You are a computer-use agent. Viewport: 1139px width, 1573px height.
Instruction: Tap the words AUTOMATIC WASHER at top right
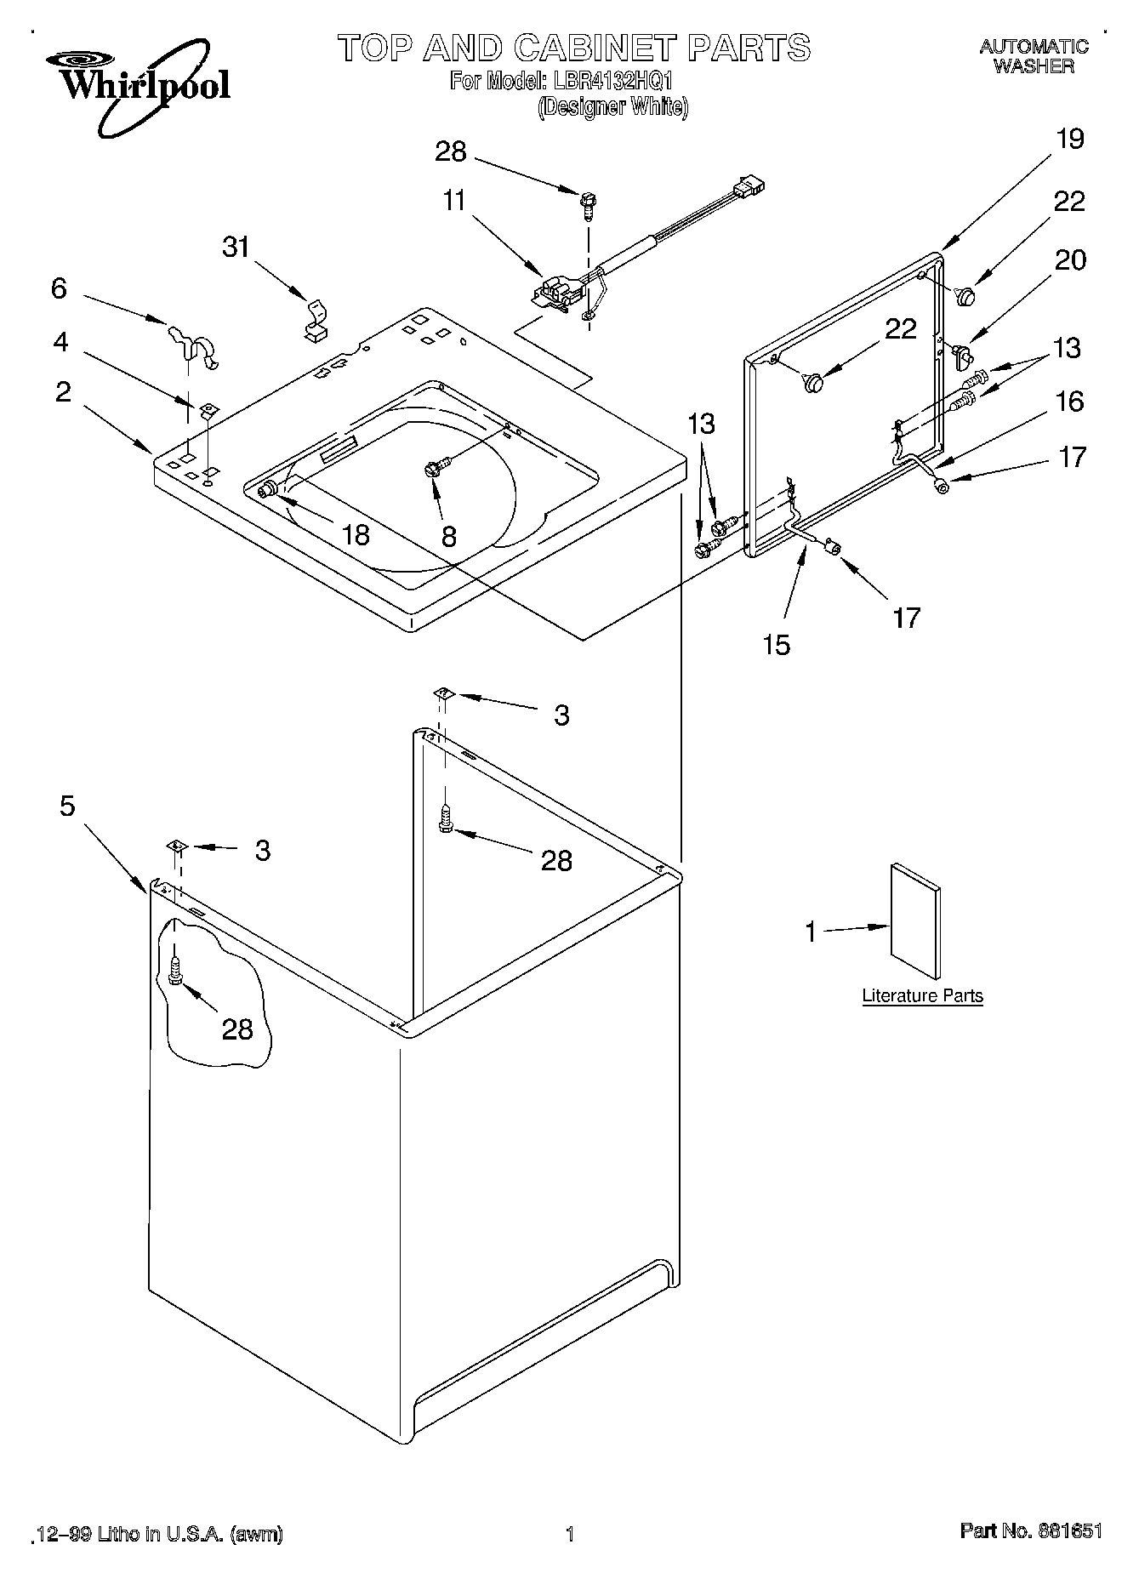coord(1033,56)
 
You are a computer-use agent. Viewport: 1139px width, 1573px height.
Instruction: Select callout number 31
coord(236,248)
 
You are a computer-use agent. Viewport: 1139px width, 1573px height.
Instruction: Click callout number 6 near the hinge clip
coord(58,289)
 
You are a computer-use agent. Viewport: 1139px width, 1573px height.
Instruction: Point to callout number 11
coord(454,202)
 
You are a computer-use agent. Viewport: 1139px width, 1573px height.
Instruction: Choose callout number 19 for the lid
coord(1069,139)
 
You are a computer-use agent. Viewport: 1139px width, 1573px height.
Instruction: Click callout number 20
coord(1069,259)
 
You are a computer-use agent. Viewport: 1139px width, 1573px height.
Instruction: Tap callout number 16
coord(1069,401)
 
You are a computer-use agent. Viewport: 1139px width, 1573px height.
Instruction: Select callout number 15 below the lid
coord(776,645)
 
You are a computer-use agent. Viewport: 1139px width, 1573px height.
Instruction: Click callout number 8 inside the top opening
coord(448,536)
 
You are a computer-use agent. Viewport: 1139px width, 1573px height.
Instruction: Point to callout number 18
coord(355,534)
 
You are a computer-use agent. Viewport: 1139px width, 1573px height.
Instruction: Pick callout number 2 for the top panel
coord(63,392)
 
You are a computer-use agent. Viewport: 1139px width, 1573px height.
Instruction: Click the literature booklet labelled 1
coord(915,923)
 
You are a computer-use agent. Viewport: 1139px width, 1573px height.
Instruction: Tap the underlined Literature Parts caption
coord(922,995)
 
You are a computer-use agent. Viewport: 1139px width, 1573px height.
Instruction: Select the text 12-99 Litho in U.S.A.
coord(158,1534)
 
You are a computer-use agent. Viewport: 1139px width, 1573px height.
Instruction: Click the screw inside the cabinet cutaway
coord(175,970)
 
